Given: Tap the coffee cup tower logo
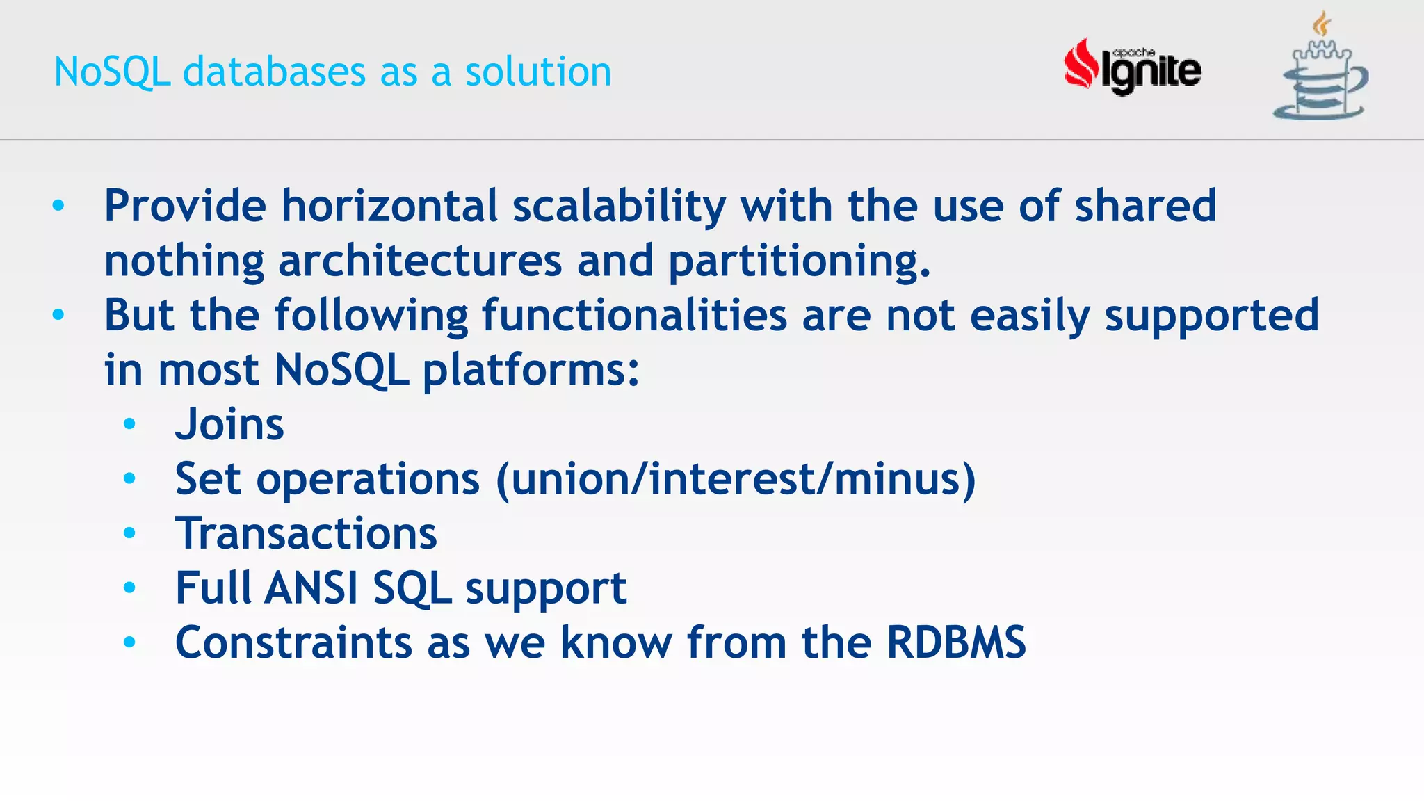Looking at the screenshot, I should pos(1321,70).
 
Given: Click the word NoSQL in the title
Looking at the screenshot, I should pos(112,72).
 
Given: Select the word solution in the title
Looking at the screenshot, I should pos(538,72).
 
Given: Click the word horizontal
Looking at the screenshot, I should pos(389,207).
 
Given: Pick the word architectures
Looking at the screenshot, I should pos(420,261).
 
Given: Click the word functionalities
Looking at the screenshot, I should pos(634,315).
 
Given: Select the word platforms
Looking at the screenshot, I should pos(530,370).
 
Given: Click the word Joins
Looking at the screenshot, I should pos(229,424).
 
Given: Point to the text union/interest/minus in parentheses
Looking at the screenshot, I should pos(736,479).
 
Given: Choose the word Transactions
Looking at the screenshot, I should pos(306,533).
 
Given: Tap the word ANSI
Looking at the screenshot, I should pos(311,588).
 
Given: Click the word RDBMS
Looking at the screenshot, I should pos(956,642).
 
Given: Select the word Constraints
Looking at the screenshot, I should pos(294,642).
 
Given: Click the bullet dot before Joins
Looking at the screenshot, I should pos(129,424).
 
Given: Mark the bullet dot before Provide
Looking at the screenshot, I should pos(58,206).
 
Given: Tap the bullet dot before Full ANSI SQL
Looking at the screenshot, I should pos(129,588).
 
